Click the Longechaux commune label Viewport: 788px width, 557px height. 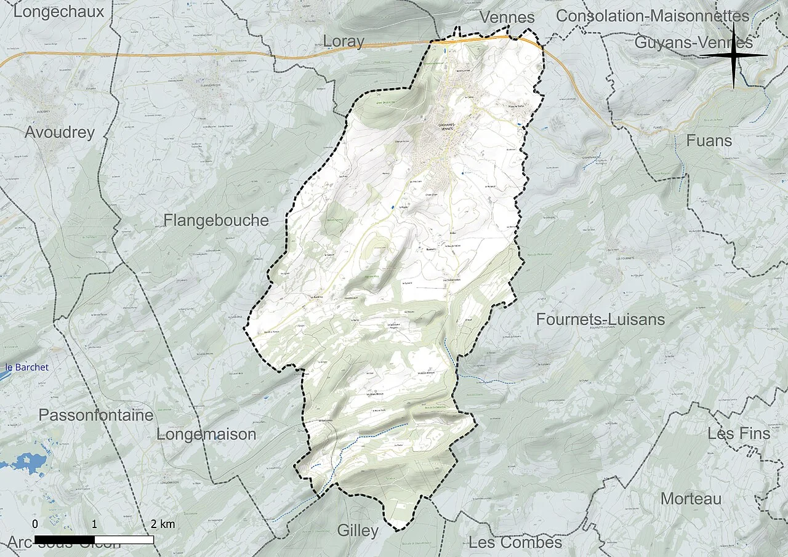(x=58, y=11)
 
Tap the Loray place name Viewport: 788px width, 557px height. (x=344, y=41)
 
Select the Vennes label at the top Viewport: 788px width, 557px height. (x=507, y=17)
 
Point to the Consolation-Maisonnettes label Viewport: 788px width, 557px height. (x=653, y=16)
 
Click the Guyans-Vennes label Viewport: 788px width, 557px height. (x=693, y=42)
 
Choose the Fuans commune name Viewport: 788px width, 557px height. (x=709, y=141)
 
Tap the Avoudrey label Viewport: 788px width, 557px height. (x=60, y=132)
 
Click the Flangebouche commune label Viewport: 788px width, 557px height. (x=216, y=220)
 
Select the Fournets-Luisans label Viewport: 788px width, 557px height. (x=600, y=319)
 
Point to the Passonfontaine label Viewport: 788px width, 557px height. (x=95, y=415)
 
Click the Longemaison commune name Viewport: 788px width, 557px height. (x=206, y=434)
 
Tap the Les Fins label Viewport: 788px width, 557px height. (x=739, y=433)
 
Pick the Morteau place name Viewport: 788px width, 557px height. (x=691, y=499)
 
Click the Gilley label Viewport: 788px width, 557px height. (x=358, y=530)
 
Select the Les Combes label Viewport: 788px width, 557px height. (x=515, y=542)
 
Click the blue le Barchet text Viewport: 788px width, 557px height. (x=26, y=367)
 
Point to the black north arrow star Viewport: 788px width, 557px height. (x=734, y=55)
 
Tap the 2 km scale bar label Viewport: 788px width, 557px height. (x=163, y=524)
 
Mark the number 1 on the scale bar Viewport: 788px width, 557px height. (x=94, y=524)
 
